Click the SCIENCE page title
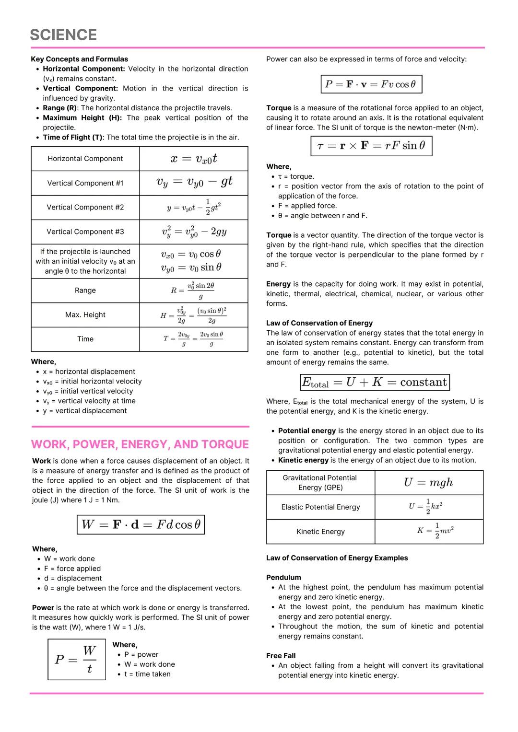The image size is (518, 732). click(x=63, y=35)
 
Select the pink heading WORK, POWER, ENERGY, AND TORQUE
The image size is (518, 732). click(x=140, y=444)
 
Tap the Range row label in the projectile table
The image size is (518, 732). click(x=85, y=290)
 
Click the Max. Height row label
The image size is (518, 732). click(x=85, y=315)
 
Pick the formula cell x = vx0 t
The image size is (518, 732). click(x=194, y=159)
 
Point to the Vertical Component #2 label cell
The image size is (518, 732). click(x=85, y=208)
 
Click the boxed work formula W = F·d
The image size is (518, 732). click(x=141, y=524)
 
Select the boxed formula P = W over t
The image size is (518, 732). click(x=77, y=660)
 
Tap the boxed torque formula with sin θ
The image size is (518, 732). click(x=371, y=146)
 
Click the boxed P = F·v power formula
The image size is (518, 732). click(x=371, y=84)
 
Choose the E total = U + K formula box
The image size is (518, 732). click(x=375, y=382)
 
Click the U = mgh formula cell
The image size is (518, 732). click(x=428, y=483)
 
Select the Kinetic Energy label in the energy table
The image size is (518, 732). click(x=320, y=532)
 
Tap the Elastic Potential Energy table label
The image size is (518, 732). click(x=320, y=507)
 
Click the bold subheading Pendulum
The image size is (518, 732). click(x=283, y=578)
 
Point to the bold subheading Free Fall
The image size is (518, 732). click(x=281, y=656)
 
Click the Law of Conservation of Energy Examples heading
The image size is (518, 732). click(x=337, y=558)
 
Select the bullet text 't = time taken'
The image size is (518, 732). click(x=147, y=674)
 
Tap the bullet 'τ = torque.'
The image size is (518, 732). click(x=296, y=176)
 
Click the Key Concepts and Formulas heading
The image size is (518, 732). click(x=80, y=59)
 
